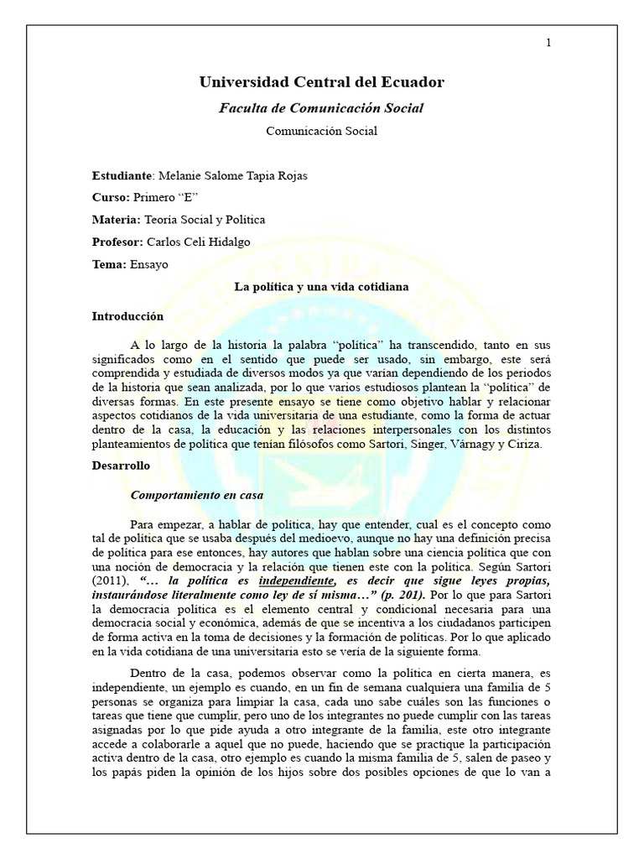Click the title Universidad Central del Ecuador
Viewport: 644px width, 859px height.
coord(321,81)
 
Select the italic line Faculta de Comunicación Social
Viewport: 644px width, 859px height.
coord(321,107)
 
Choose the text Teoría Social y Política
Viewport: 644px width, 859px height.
coord(205,220)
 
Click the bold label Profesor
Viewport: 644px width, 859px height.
coord(116,242)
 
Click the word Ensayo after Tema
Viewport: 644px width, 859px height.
coord(148,264)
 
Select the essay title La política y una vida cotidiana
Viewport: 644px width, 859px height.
coord(321,287)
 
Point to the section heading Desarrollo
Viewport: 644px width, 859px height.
coord(121,465)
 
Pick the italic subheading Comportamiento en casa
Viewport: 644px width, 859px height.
coord(197,495)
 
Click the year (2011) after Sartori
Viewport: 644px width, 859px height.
coord(111,580)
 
